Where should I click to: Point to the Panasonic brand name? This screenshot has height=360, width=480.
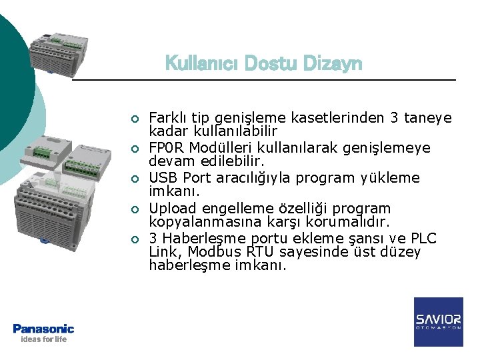[43, 328]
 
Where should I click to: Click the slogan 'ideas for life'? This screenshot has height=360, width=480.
[43, 339]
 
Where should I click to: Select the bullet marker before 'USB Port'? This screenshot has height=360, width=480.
[134, 179]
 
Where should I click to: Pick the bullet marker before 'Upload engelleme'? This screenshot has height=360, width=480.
[134, 209]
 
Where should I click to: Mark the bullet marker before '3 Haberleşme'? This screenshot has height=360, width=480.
[134, 239]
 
